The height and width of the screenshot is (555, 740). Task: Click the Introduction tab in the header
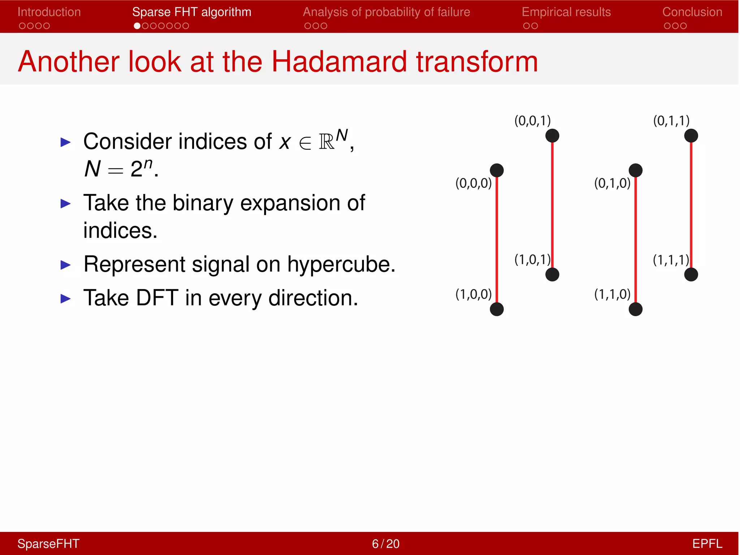[x=49, y=12]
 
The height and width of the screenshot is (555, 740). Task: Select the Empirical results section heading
[x=566, y=12]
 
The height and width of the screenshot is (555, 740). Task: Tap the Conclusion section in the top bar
[x=692, y=12]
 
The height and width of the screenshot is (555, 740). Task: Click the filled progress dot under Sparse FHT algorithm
[x=137, y=26]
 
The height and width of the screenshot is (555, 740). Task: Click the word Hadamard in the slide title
[x=339, y=61]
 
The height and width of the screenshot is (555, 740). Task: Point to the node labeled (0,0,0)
[x=496, y=170]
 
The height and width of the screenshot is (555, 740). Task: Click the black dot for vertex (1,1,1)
[x=691, y=275]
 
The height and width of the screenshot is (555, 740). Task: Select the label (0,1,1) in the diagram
[x=671, y=120]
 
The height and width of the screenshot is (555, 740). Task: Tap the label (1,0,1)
[x=532, y=259]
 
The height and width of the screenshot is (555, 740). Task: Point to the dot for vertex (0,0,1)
[x=552, y=136]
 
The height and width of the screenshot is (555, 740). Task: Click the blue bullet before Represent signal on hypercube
[x=65, y=265]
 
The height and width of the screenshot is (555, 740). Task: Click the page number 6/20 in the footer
[x=386, y=543]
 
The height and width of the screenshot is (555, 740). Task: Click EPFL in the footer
[x=707, y=543]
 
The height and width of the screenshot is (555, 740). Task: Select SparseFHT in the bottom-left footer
[x=48, y=543]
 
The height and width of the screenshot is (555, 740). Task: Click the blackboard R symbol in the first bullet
[x=326, y=142]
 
